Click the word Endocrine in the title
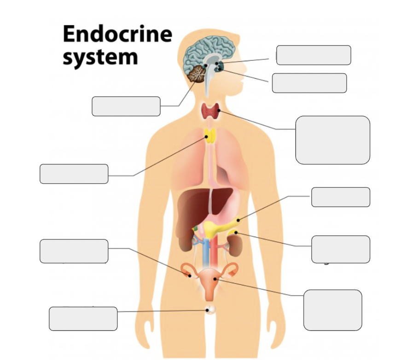(x=117, y=34)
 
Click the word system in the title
(x=100, y=57)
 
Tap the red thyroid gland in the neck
(x=210, y=111)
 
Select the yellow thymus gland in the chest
(x=210, y=135)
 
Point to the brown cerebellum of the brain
(x=197, y=73)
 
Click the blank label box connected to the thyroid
(x=332, y=140)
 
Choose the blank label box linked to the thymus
(x=74, y=174)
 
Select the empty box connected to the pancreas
(x=341, y=197)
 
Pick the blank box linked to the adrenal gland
(x=341, y=249)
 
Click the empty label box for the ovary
(x=74, y=251)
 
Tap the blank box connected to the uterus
(x=332, y=310)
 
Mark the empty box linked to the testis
(x=83, y=319)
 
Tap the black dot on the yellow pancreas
(x=238, y=220)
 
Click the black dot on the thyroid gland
(x=219, y=110)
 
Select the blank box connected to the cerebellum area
(x=126, y=106)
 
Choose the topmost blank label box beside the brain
(x=314, y=55)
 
